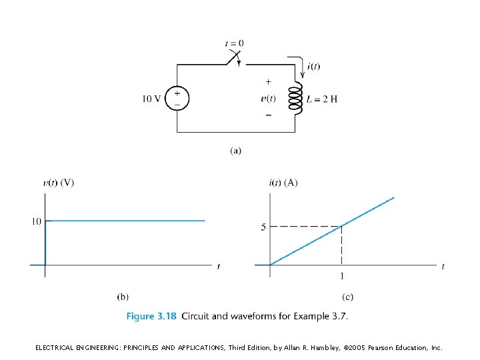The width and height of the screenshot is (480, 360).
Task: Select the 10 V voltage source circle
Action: [177, 99]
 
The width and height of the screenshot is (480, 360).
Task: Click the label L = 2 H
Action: [322, 99]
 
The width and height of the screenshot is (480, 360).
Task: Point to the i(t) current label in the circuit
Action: [314, 65]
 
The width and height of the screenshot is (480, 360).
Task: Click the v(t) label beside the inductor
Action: [268, 99]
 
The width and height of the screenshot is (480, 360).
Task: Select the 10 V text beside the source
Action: [151, 99]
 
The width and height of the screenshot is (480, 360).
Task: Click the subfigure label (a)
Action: [235, 150]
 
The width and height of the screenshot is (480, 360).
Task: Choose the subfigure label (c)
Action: [348, 296]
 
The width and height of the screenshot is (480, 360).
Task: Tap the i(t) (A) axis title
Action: [284, 183]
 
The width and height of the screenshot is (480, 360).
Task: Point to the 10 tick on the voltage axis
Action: [36, 221]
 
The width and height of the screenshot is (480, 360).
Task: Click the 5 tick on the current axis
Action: [263, 227]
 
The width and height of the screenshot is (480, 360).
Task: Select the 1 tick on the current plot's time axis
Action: [342, 277]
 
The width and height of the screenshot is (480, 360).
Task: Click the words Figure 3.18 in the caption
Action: [151, 316]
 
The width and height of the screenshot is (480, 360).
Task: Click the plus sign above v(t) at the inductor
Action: [269, 83]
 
